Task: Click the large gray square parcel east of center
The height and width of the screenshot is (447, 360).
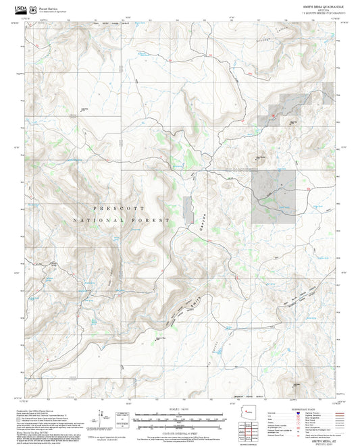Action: [274, 196]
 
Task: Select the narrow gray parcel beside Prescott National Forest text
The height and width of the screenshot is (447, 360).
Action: [187, 209]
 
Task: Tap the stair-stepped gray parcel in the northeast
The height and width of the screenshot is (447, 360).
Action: [297, 105]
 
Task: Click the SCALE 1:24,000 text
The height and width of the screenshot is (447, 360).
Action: [174, 411]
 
